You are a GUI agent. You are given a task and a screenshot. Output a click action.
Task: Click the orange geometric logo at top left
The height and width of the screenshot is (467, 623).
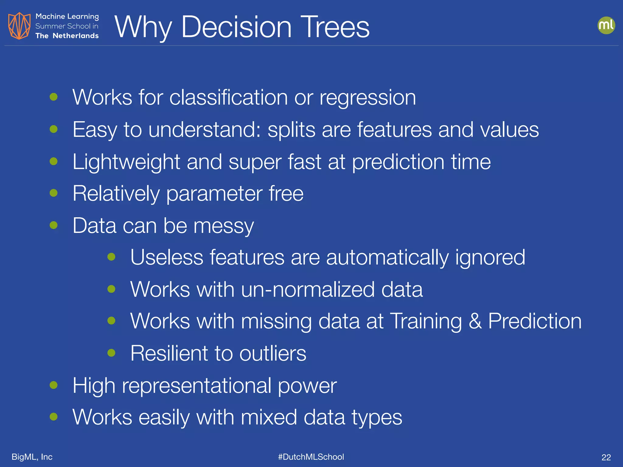click(19, 26)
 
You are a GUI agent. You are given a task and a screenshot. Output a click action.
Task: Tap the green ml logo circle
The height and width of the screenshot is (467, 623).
click(606, 25)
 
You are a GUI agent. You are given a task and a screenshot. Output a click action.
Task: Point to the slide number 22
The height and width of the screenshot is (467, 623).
click(606, 457)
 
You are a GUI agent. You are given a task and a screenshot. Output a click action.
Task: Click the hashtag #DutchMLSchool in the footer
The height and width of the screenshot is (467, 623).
click(311, 457)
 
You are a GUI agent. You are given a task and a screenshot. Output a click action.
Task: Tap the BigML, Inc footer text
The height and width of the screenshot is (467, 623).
click(32, 457)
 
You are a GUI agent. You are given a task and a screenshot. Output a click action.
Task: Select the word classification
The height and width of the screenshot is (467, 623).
click(228, 98)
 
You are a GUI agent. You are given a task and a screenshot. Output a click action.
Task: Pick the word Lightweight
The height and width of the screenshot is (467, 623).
click(126, 162)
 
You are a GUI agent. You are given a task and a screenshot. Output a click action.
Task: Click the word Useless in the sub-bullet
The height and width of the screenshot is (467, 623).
click(167, 258)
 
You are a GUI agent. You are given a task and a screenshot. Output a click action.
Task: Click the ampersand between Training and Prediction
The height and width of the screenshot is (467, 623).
click(475, 321)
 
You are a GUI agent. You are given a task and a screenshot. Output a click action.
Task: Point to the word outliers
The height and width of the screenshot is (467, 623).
click(273, 353)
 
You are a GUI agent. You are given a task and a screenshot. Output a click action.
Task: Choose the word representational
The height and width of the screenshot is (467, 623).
click(197, 386)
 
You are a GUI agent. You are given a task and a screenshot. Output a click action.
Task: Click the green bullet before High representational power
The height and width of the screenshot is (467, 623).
click(54, 385)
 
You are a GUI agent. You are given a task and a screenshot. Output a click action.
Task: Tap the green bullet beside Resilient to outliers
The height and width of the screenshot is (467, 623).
click(111, 353)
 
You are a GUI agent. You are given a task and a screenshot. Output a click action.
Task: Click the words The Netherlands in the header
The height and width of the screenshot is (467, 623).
click(67, 36)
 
